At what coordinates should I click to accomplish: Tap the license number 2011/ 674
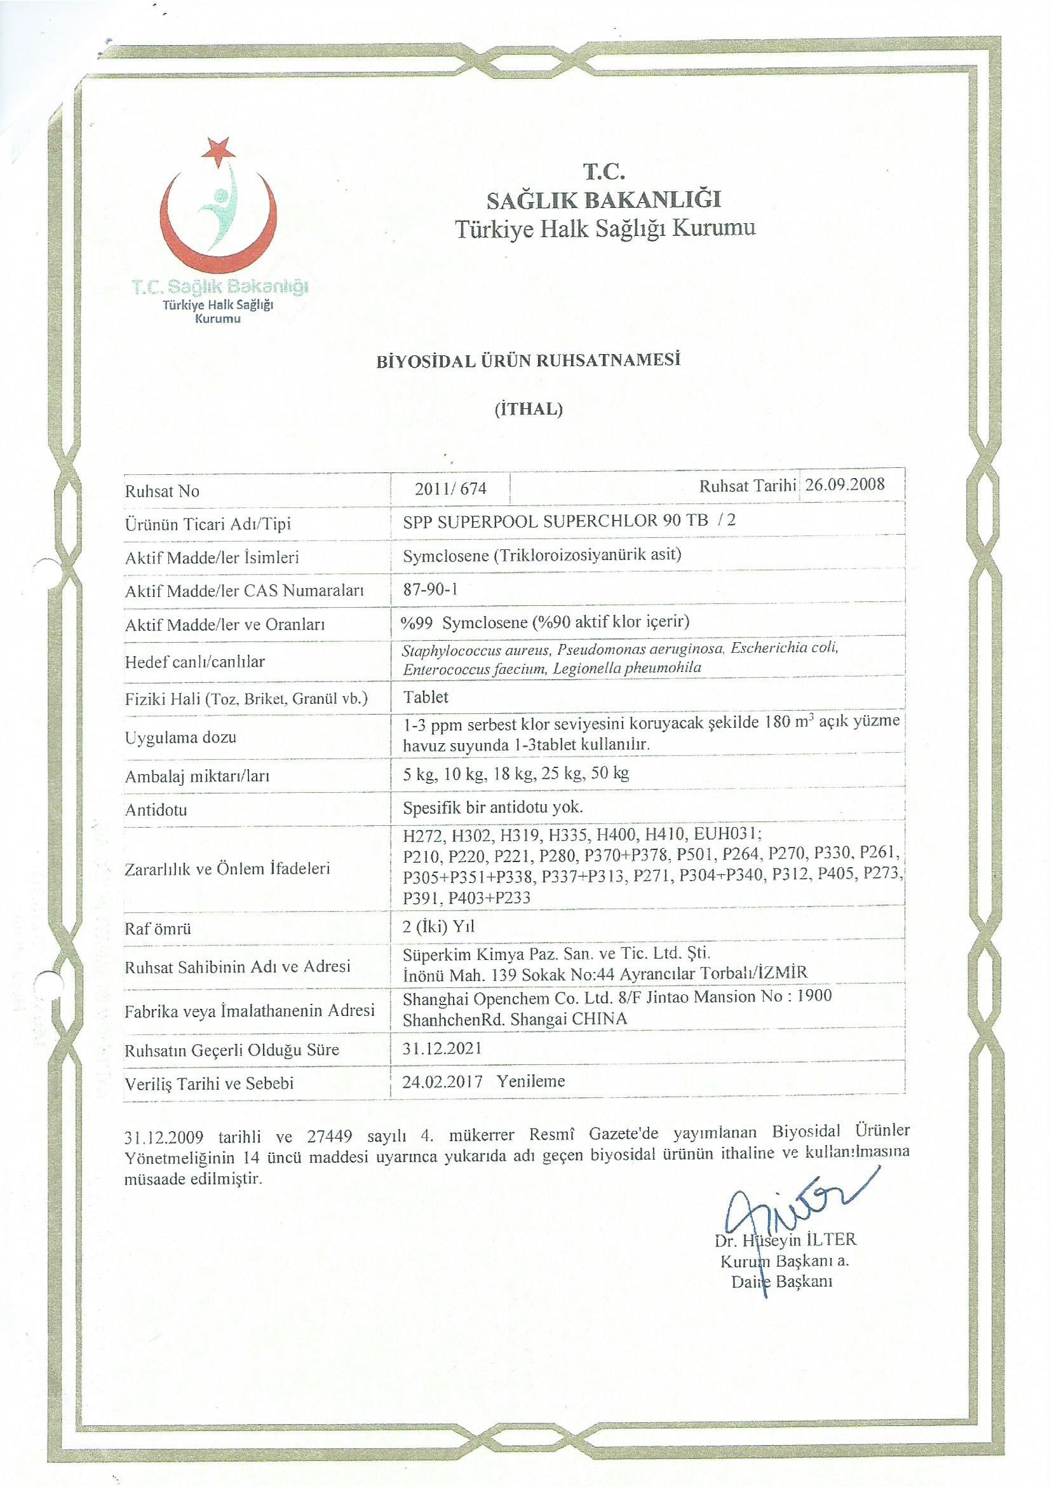coord(450,489)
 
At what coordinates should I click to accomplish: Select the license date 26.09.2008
coord(845,485)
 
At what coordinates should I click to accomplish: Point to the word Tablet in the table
coord(426,697)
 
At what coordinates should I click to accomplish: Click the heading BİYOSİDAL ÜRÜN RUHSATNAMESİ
coord(529,360)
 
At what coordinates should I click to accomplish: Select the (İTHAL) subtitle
coord(529,409)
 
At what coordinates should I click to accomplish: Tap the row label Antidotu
coord(156,810)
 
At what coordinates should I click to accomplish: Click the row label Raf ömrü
coord(158,928)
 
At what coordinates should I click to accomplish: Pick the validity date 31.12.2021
coord(442,1048)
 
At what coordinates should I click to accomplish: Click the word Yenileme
coord(531,1081)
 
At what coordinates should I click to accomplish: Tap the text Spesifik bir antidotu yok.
coord(493,807)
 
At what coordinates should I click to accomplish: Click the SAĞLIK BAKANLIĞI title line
coord(604,200)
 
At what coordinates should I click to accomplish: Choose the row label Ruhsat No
coord(162,491)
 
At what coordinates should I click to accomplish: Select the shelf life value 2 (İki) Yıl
coord(438,926)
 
